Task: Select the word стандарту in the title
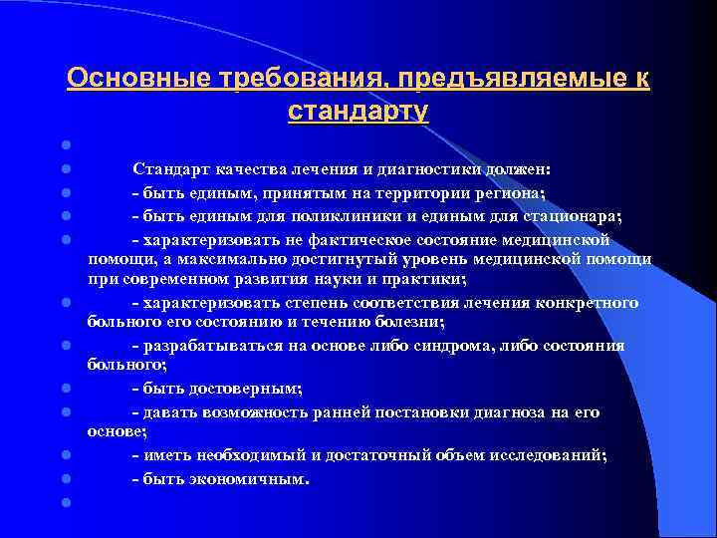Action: (358, 110)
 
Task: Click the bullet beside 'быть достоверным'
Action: (63, 389)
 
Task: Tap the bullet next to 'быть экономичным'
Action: (63, 479)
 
